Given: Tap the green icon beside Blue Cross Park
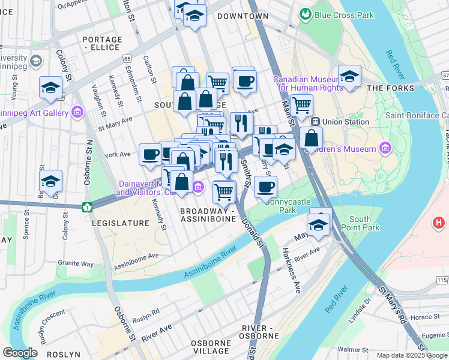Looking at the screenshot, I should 306,13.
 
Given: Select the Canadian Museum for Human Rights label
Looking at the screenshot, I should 308,83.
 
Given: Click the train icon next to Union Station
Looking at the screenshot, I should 316,122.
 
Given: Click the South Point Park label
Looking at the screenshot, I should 360,223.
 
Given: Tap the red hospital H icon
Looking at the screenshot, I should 439,223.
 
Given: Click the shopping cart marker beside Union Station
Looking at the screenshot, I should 301,105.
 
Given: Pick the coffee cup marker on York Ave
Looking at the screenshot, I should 150,154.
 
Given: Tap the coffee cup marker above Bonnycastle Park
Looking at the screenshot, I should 265,186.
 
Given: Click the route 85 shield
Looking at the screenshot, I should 127,59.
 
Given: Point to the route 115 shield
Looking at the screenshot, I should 442,280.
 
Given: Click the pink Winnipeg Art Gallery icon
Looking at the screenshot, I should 77,112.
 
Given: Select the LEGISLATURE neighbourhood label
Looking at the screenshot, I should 121,223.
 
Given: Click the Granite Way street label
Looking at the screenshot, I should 76,263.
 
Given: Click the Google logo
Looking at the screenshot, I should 20,353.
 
